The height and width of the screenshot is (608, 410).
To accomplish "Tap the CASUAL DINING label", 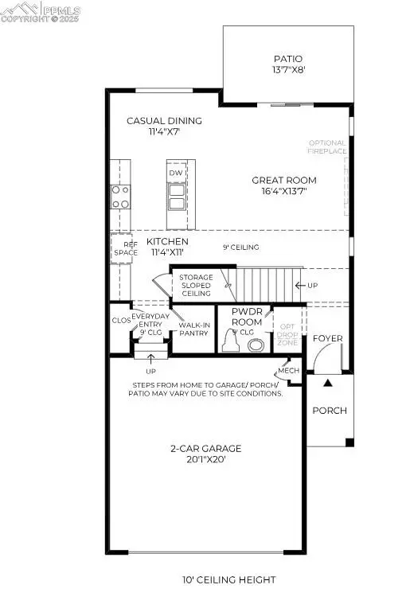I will click(x=165, y=121).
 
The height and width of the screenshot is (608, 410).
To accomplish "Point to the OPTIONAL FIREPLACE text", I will click(x=327, y=147).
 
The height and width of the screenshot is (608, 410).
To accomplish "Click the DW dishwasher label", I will click(x=176, y=172).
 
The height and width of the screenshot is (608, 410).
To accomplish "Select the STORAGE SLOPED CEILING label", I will click(x=195, y=285).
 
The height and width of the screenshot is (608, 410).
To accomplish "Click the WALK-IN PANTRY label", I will click(x=194, y=329).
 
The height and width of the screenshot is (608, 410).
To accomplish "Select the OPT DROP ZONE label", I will click(x=287, y=333).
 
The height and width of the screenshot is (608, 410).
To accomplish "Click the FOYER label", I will click(x=327, y=338).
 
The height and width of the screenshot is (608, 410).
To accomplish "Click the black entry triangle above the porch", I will click(x=327, y=383).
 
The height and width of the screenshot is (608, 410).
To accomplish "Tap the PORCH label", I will click(x=330, y=411).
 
